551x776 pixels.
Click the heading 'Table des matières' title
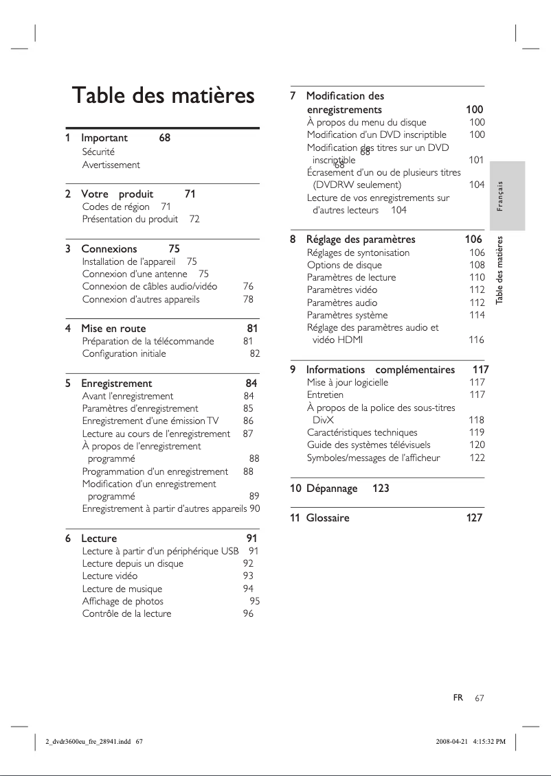coord(164,96)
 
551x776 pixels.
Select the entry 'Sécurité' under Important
coord(98,152)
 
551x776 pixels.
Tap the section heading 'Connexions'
coord(109,248)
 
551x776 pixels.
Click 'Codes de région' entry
coord(115,207)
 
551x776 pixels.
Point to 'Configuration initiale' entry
coord(124,353)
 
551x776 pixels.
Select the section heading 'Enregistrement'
coord(116,383)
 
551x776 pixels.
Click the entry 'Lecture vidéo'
coord(109,576)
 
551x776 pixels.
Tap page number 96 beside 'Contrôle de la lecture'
coord(248,613)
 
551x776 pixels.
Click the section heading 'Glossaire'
coord(327,518)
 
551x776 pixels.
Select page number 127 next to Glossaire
coord(474,518)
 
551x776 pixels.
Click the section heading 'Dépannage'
coord(331,489)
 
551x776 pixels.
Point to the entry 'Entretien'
coord(325,395)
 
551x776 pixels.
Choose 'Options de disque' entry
coord(344,265)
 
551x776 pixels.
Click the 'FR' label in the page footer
coord(458,697)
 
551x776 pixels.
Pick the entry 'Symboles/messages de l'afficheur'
coord(373,458)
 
